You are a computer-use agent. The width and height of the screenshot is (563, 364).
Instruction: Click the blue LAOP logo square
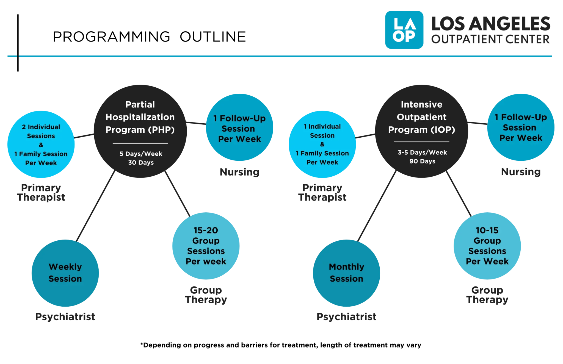pos(404,30)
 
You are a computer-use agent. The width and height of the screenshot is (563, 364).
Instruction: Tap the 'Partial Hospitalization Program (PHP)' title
pos(140,117)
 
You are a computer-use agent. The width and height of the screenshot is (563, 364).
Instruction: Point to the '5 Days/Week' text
pos(141,154)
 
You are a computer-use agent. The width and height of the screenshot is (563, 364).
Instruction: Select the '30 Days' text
pos(141,162)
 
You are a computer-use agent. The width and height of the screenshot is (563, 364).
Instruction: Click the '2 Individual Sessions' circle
pos(41,144)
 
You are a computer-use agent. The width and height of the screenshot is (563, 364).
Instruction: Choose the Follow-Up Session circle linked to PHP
pos(239,127)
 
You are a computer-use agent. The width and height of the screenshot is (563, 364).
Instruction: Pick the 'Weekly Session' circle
pos(65,273)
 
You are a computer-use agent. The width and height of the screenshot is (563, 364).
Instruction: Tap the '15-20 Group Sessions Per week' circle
pos(206,246)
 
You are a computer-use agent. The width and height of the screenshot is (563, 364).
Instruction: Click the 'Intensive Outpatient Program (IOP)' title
pos(422,117)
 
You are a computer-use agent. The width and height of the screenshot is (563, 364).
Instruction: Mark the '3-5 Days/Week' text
pos(422,152)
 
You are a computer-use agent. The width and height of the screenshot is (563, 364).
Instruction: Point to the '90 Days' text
pos(422,161)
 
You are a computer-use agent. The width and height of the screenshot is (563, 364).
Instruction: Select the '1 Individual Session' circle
pos(322,144)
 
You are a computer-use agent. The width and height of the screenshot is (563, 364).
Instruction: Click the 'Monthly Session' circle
pos(346,273)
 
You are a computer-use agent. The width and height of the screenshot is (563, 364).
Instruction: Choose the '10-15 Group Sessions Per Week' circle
pos(487,246)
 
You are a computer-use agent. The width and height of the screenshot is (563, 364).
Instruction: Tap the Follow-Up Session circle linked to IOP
pos(521,127)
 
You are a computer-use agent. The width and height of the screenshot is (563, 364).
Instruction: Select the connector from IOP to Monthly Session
pos(377,206)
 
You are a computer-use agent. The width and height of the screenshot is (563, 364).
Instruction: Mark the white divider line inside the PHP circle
pos(140,143)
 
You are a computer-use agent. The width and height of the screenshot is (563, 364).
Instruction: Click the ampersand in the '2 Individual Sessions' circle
pos(41,145)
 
